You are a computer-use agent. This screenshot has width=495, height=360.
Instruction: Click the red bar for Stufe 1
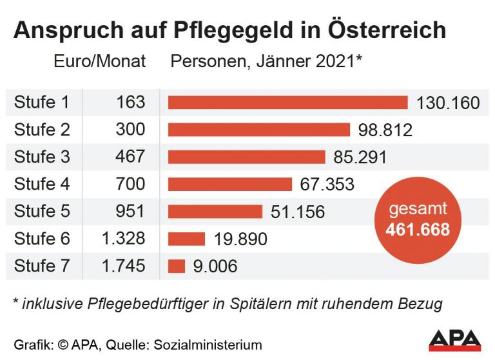(287, 103)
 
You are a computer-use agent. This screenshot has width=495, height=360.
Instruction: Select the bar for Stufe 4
(229, 185)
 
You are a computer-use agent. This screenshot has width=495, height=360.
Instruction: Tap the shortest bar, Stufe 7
(177, 266)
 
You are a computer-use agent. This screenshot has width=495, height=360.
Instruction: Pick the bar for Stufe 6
(186, 239)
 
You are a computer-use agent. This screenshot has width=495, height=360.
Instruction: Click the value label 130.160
(448, 103)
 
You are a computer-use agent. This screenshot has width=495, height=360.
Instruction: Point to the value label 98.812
(385, 130)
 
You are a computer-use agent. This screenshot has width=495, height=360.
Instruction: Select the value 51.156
(298, 212)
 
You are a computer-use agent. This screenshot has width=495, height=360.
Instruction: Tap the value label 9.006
(215, 266)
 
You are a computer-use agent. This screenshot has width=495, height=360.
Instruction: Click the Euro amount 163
(131, 103)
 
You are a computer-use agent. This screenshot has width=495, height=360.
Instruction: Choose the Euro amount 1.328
(124, 239)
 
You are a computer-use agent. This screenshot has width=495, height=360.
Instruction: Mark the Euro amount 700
(131, 185)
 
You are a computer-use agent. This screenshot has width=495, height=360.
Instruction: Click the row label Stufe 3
(42, 157)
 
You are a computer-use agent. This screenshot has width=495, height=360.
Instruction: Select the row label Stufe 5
(42, 212)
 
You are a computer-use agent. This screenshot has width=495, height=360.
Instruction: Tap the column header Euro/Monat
(100, 62)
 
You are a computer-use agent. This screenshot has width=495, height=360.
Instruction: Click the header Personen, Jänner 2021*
(265, 62)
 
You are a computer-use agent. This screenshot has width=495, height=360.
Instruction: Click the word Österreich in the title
(386, 30)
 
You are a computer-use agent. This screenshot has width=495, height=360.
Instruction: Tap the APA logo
(454, 340)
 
